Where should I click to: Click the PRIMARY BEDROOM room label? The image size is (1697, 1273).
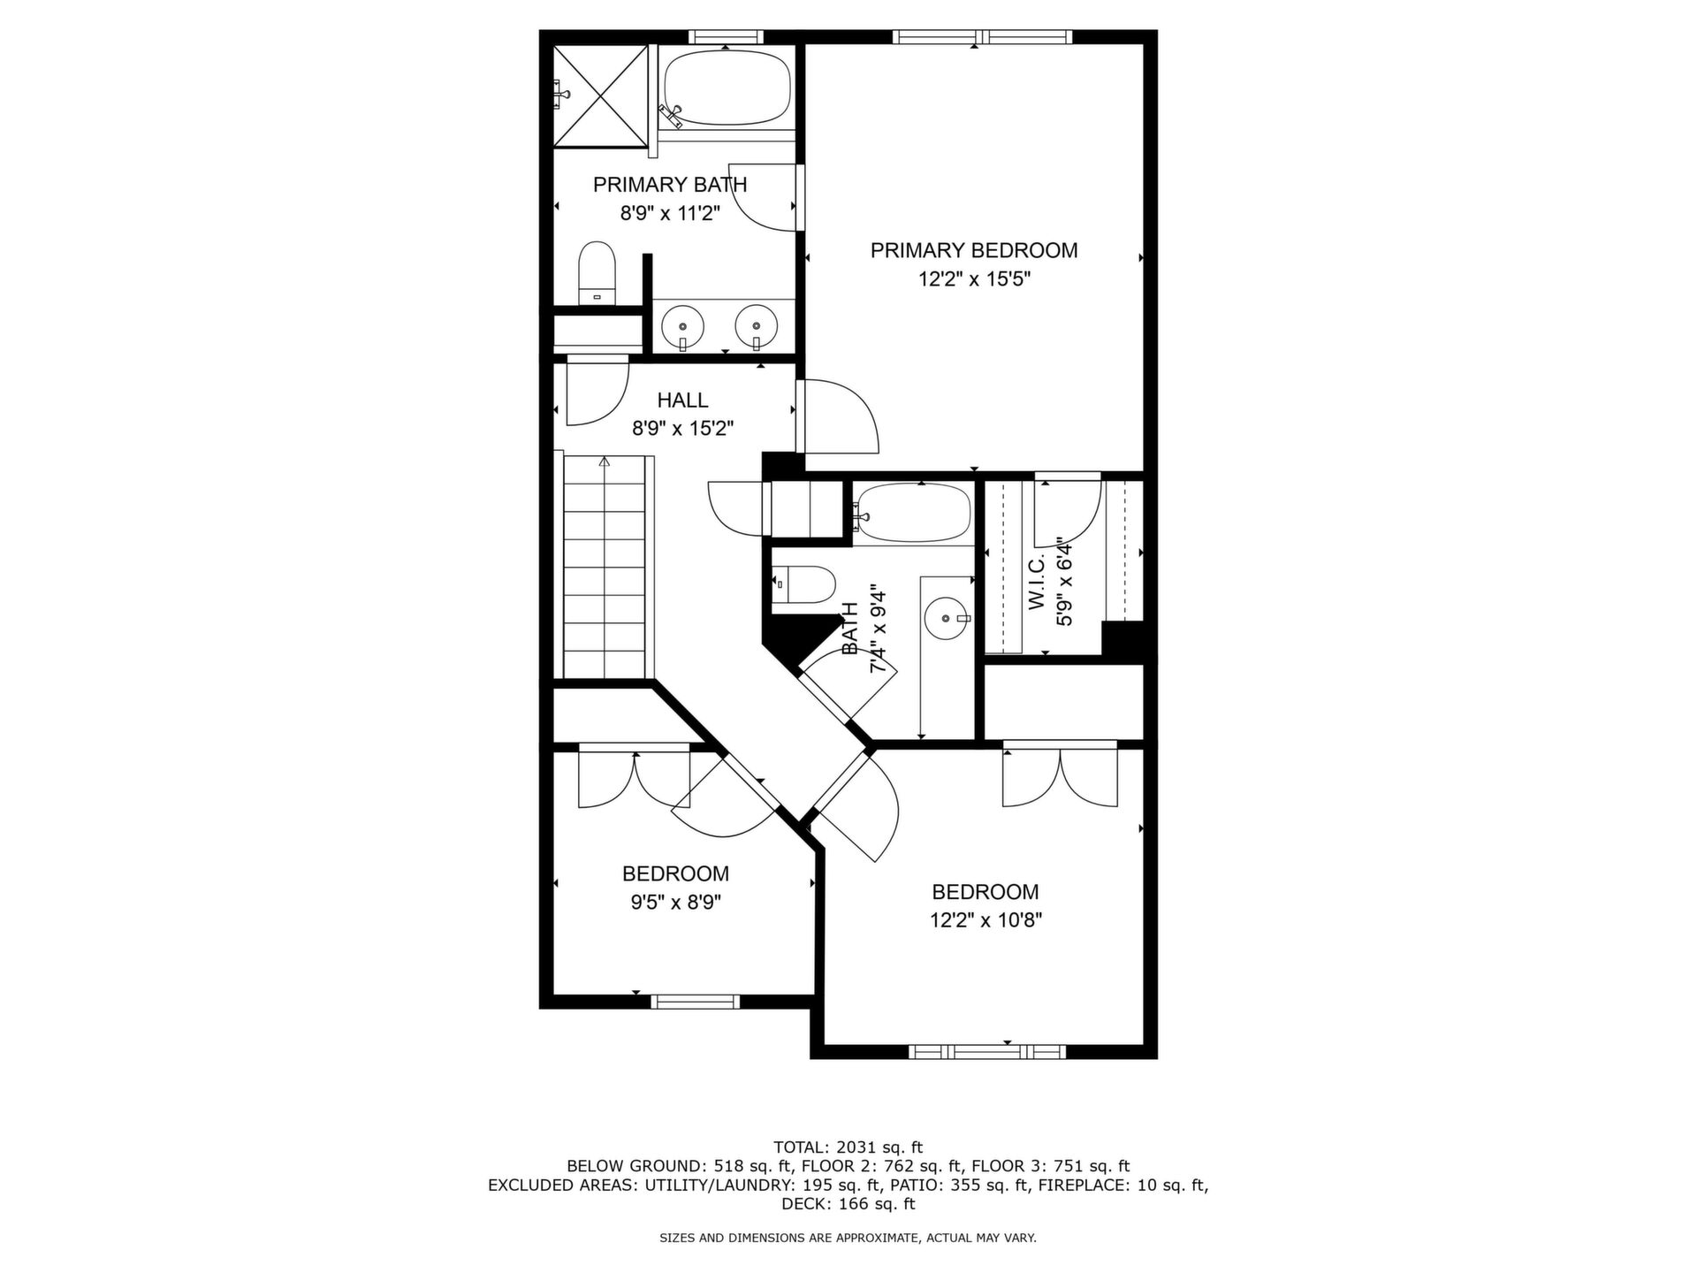(x=974, y=250)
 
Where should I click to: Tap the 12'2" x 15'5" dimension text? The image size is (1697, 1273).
(x=974, y=279)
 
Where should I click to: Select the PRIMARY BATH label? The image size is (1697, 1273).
(x=670, y=185)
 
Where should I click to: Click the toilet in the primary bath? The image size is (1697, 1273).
(x=597, y=273)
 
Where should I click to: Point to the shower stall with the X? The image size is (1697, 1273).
(x=601, y=95)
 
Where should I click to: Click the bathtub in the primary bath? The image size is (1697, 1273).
(x=726, y=88)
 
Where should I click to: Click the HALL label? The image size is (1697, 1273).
(x=682, y=400)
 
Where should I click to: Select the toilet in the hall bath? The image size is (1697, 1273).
(x=803, y=583)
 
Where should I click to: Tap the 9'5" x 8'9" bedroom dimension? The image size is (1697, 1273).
(x=675, y=903)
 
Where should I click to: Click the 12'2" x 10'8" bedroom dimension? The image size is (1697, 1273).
(x=985, y=920)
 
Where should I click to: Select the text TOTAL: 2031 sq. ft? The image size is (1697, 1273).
(x=848, y=1147)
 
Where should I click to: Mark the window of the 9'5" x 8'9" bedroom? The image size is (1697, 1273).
(x=695, y=1002)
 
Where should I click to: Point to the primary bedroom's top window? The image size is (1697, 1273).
(x=981, y=37)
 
